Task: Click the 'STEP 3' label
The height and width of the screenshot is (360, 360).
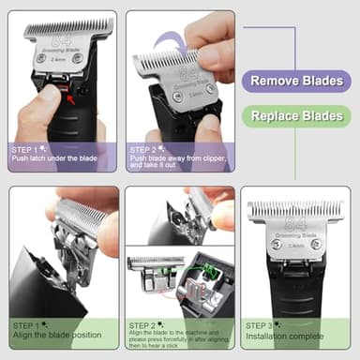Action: (x=262, y=325)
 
